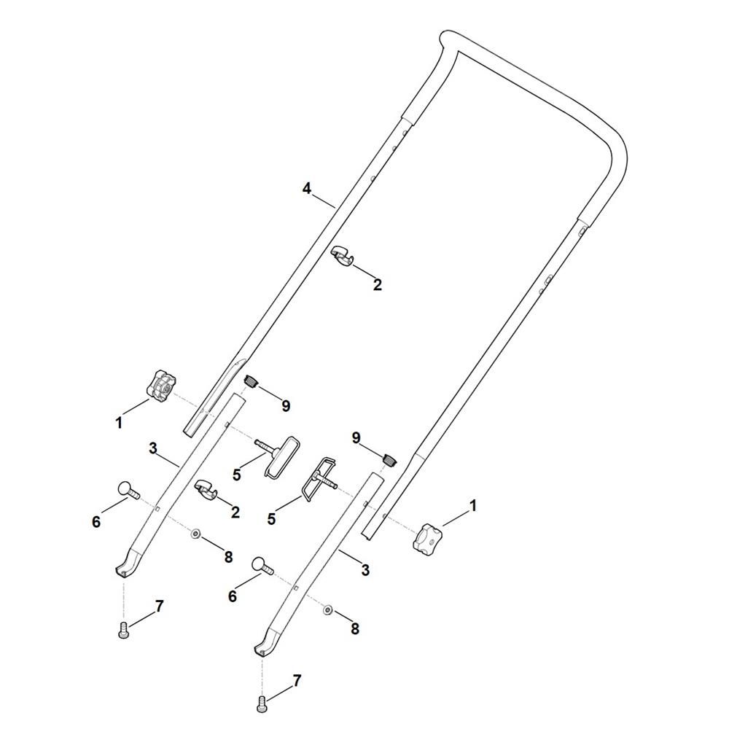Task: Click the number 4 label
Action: tap(306, 189)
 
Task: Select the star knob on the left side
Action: tap(161, 384)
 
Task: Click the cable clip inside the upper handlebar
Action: tap(342, 257)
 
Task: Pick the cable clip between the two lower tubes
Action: tap(206, 490)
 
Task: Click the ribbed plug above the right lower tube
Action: tap(389, 460)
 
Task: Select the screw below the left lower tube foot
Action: tap(123, 631)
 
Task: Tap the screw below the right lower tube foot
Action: tap(261, 703)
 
